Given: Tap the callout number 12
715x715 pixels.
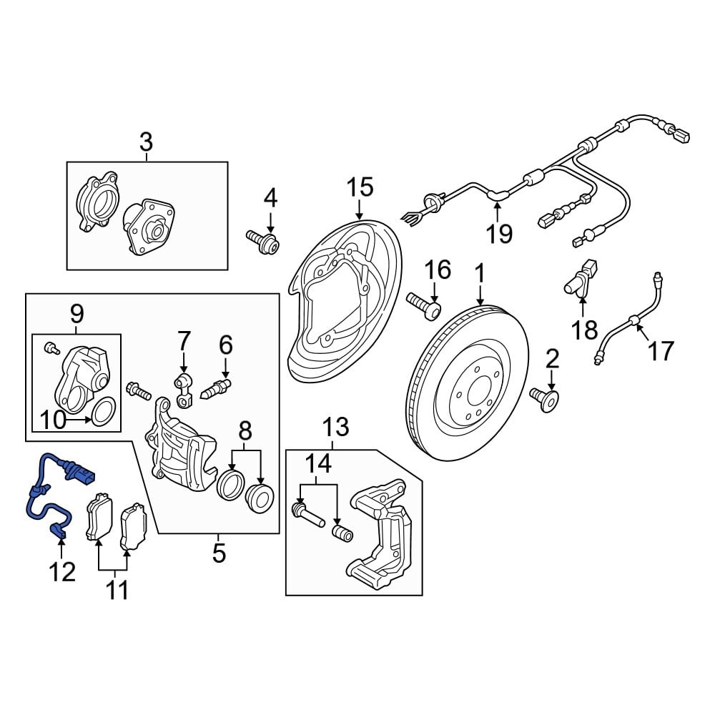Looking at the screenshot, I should tap(62, 571).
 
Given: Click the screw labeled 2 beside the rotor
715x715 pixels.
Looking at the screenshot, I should tap(545, 398).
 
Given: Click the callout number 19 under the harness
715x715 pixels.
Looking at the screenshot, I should tap(500, 232).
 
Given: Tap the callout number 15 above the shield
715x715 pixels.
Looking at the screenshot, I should tap(360, 188).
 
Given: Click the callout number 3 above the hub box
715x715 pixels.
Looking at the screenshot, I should tap(146, 142).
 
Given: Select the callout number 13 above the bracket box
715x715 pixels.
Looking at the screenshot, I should tap(335, 428).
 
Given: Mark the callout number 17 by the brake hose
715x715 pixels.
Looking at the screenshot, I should tap(661, 350).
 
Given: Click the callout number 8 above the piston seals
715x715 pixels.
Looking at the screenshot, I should tap(245, 430).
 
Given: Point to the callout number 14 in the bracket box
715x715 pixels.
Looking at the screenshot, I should tap(320, 465).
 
